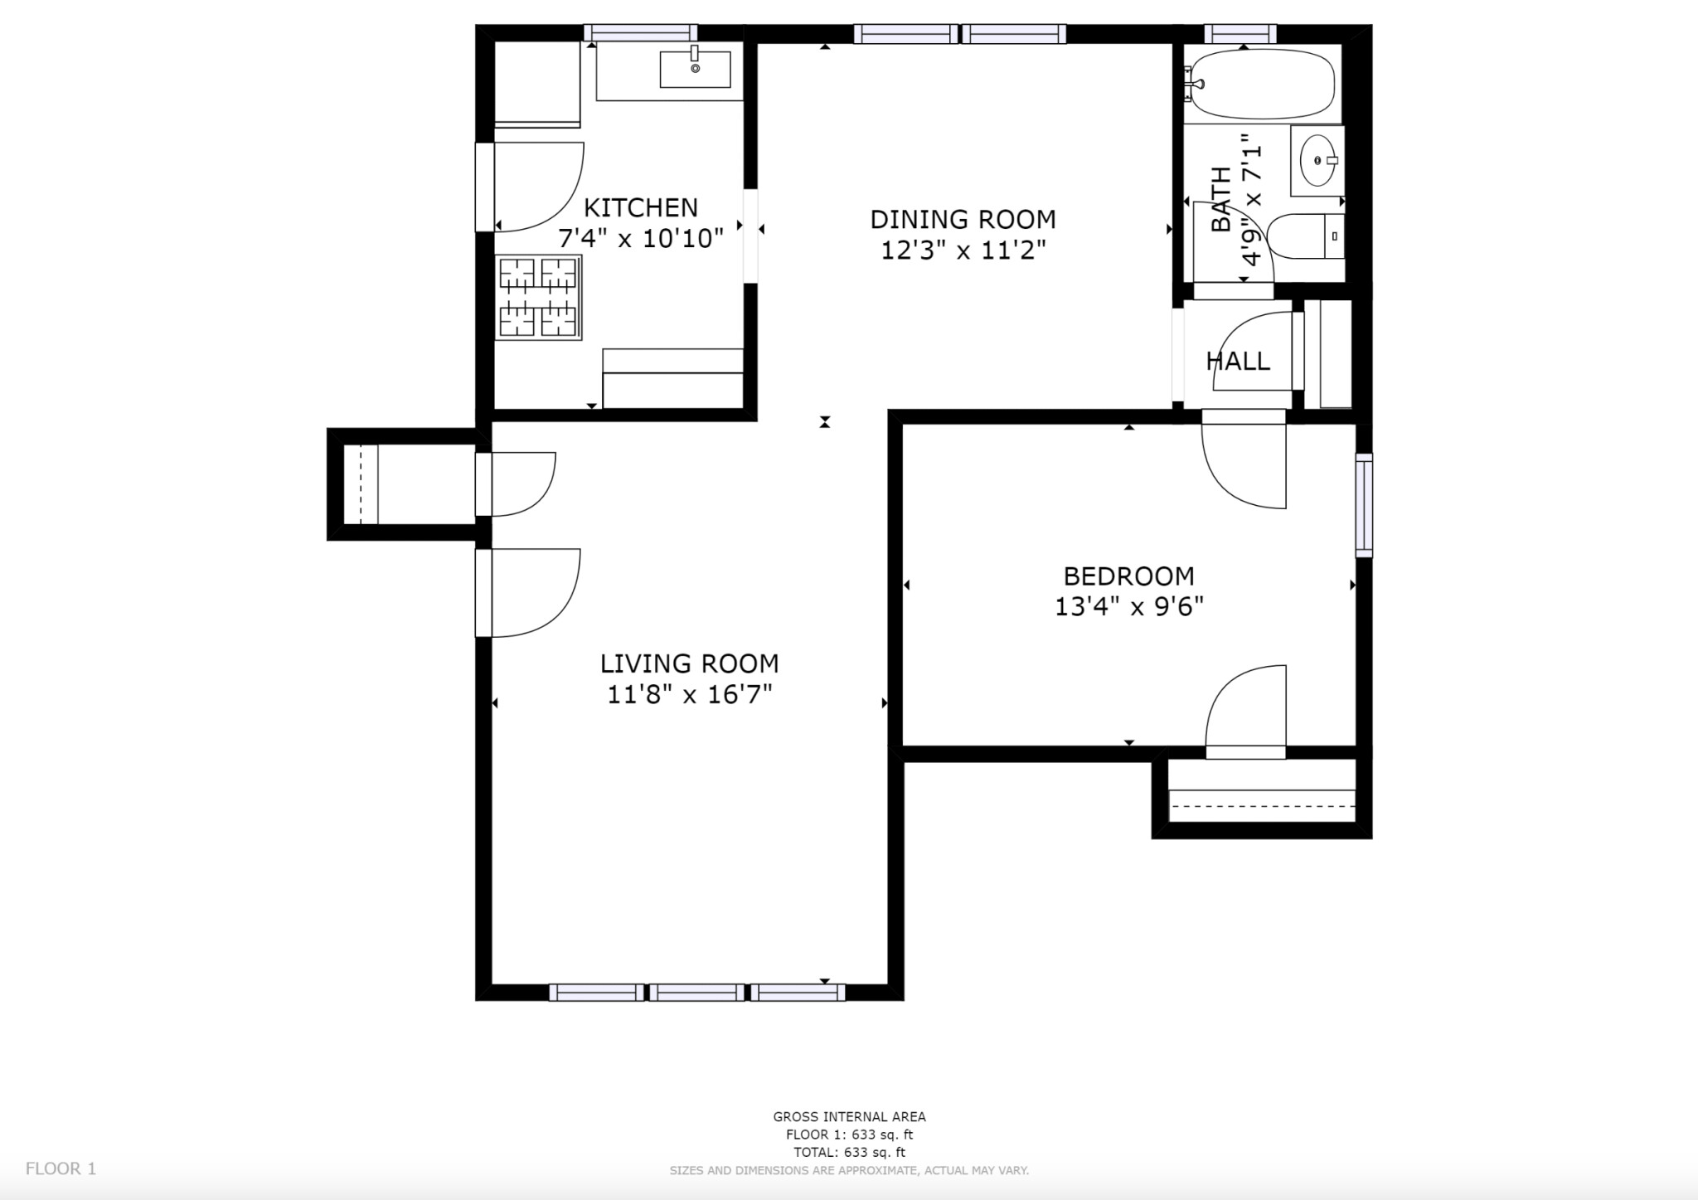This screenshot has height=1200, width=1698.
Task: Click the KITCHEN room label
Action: (x=641, y=207)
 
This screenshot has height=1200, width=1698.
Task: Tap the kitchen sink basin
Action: (x=695, y=69)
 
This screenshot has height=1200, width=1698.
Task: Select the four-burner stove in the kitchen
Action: (x=539, y=297)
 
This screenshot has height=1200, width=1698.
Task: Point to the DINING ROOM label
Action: (x=963, y=219)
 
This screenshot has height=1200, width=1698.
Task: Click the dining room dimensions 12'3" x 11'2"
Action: (x=963, y=250)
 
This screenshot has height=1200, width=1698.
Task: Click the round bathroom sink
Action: (x=1317, y=160)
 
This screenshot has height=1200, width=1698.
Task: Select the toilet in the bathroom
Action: (x=1306, y=236)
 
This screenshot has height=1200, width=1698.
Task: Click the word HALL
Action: (x=1238, y=361)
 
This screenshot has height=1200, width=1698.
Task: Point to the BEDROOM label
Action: (x=1128, y=576)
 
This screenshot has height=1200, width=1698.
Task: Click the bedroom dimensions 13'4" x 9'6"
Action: (x=1128, y=607)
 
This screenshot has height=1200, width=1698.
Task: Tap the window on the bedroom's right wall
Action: (x=1364, y=505)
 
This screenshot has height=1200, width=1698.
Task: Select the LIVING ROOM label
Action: (x=689, y=663)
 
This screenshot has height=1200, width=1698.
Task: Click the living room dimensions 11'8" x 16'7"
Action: (x=689, y=694)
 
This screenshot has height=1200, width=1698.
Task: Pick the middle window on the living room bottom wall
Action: (x=696, y=992)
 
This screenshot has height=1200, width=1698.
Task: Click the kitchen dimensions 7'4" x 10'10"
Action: (x=641, y=239)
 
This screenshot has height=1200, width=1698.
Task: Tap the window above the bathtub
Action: (x=1240, y=33)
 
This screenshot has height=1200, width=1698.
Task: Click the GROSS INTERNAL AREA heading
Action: (x=849, y=1117)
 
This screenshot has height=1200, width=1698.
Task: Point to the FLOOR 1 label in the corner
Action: (x=61, y=1168)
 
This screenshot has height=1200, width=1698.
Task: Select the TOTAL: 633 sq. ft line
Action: (x=849, y=1152)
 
